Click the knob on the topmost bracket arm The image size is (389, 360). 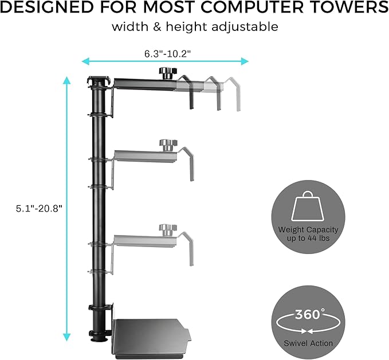pos(166,73)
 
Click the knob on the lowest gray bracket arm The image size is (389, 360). pos(166,229)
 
